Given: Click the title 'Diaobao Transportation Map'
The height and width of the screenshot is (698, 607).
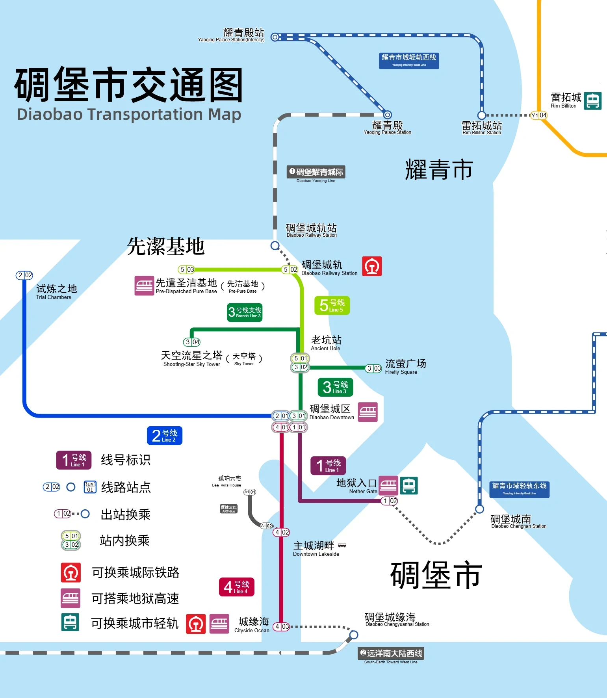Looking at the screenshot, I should pos(129,115).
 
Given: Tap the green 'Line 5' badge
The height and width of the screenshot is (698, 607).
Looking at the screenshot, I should pos(332,305).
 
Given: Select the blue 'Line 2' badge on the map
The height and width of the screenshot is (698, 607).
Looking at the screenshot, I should pos(164,436).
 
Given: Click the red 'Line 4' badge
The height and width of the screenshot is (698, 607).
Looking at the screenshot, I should pos(236,587).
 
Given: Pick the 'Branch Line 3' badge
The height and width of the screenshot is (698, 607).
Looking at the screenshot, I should pos(245,312).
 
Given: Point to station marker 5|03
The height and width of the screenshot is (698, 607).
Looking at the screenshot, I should pos(186,269).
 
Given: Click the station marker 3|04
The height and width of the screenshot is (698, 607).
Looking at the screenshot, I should pos(192,342).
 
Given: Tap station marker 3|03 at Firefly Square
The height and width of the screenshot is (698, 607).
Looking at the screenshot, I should pos(373,368).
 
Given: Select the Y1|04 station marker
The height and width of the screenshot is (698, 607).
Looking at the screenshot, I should pos(538,115).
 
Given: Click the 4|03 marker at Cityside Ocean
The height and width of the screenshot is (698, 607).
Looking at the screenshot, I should pos(282,626).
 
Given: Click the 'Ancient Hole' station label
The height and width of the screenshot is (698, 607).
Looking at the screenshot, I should pos(326,343).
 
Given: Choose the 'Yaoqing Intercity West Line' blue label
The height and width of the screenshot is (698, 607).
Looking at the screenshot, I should pos(409,61).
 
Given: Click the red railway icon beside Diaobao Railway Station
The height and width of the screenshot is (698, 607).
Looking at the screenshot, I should pos(372,266).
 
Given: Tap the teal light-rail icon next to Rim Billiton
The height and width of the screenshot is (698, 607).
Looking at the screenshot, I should pos(592,101).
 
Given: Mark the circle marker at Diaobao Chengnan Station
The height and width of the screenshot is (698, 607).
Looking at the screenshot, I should pos(479,509).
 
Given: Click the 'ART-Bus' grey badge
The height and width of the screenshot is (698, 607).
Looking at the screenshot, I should pos(228,509).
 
